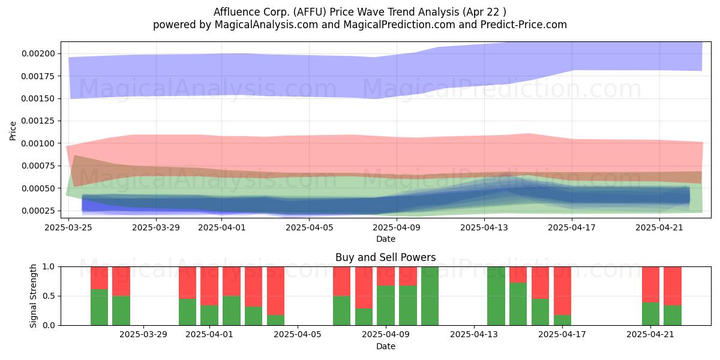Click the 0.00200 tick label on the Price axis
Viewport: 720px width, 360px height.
38,53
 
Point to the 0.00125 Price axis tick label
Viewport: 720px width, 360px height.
38,121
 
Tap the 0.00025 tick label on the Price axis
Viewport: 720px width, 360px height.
38,211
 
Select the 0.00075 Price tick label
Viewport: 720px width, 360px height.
38,166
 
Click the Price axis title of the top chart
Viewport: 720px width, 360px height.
13,131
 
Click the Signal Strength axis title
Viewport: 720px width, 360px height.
33,296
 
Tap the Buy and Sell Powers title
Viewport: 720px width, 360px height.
385,257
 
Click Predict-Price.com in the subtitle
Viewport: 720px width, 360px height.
523,25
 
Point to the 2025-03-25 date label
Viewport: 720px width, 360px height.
68,227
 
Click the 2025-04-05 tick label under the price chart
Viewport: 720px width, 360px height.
309,227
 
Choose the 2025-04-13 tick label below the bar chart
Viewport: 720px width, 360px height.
474,335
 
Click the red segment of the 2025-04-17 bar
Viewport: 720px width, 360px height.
562,291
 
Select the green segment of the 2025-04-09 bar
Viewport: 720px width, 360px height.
386,305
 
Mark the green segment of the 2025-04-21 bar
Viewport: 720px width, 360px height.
650,314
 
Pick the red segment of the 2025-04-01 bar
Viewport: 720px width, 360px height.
209,286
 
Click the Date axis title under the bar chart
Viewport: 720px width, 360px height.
385,347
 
